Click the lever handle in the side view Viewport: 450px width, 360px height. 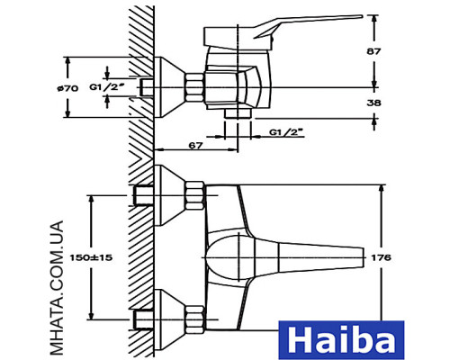coord(306,23)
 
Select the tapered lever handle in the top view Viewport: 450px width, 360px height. coord(306,257)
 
